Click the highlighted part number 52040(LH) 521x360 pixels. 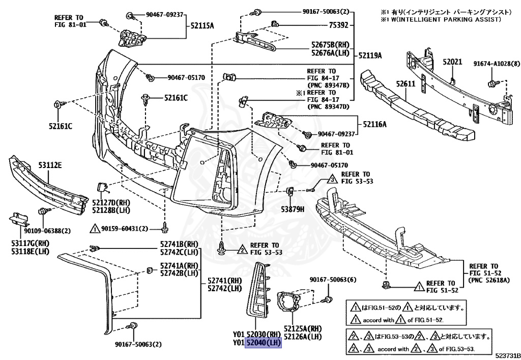pos(264,343)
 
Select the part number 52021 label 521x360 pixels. pos(451,62)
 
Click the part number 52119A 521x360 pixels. pos(370,54)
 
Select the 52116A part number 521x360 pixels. pos(374,124)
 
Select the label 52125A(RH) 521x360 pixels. pos(303,328)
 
